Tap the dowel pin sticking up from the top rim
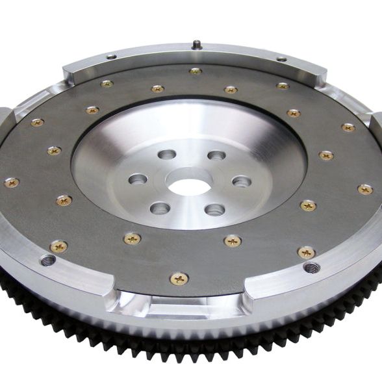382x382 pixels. pos(195,45)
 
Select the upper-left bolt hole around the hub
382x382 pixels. pos(167,155)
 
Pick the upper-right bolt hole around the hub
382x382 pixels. pos(216,155)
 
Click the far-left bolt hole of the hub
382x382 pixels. pos(138,179)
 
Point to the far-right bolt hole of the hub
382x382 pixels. pos(242,181)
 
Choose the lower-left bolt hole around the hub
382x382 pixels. pos(160,208)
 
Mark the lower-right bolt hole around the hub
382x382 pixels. pos(214,209)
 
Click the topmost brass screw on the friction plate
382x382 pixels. pos(195,71)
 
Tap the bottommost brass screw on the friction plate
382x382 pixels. pos(179,279)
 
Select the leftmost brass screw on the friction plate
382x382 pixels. pos(12,183)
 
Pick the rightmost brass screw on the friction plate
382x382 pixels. pos(365,189)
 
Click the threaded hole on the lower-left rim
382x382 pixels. pos(48,261)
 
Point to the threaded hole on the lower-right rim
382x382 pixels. pos(312,267)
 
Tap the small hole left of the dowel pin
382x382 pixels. pos(112,57)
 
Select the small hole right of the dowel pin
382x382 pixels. pos(281,59)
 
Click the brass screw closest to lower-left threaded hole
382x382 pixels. pos(58,246)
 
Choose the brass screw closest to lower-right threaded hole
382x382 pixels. pos(306,252)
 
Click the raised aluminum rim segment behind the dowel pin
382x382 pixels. pos(195,55)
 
